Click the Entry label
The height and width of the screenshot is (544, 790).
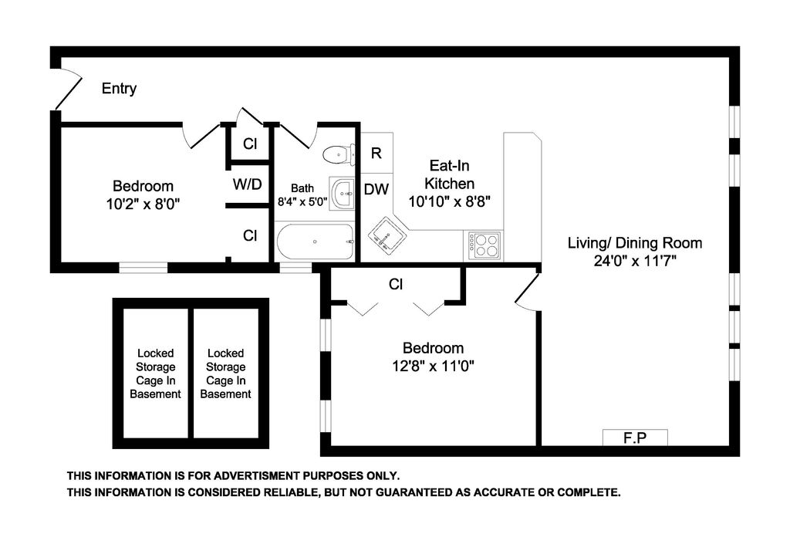(119, 89)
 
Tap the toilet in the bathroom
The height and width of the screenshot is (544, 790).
(339, 154)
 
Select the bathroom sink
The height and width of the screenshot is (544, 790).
(342, 192)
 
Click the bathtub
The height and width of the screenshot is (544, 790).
(315, 242)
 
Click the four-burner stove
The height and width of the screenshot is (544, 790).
(484, 246)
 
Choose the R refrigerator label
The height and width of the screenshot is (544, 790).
(376, 153)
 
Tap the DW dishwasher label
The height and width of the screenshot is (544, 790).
(376, 189)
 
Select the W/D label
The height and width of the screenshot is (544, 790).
(247, 184)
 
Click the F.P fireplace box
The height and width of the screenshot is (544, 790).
(635, 438)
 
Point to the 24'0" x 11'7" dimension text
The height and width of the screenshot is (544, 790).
(635, 261)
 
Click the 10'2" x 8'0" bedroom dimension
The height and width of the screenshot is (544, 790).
(143, 204)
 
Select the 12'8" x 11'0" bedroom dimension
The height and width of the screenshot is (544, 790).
(434, 366)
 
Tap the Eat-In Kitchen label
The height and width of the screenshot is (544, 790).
(450, 174)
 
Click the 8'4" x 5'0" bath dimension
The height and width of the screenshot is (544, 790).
(302, 202)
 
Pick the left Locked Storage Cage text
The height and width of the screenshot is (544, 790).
(155, 373)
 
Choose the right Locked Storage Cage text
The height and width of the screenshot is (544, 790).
(226, 373)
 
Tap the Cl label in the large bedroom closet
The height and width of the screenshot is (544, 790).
(396, 285)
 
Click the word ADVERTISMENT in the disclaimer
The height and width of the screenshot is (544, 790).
(256, 475)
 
